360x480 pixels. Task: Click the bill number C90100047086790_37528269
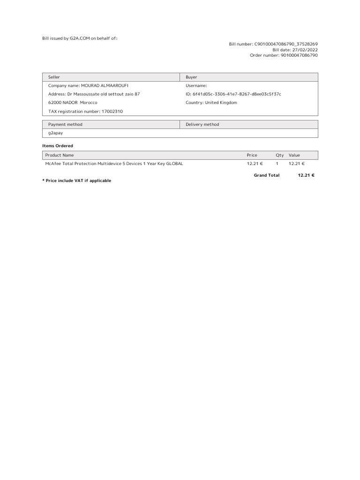(286, 44)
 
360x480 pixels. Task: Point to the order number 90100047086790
(299, 55)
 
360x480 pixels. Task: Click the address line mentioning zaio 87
(94, 94)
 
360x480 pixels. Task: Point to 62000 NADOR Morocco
(73, 103)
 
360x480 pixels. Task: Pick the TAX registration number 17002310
(86, 112)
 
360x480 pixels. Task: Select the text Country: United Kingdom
(211, 103)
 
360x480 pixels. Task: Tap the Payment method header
(65, 125)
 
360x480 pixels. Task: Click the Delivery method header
(202, 125)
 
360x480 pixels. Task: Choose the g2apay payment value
(55, 133)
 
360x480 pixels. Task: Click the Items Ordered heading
(58, 146)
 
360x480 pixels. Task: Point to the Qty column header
(280, 155)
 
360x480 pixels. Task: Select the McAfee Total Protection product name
(114, 164)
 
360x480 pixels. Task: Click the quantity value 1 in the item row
(277, 164)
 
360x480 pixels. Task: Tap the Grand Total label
(266, 175)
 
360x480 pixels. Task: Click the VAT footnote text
(77, 181)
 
